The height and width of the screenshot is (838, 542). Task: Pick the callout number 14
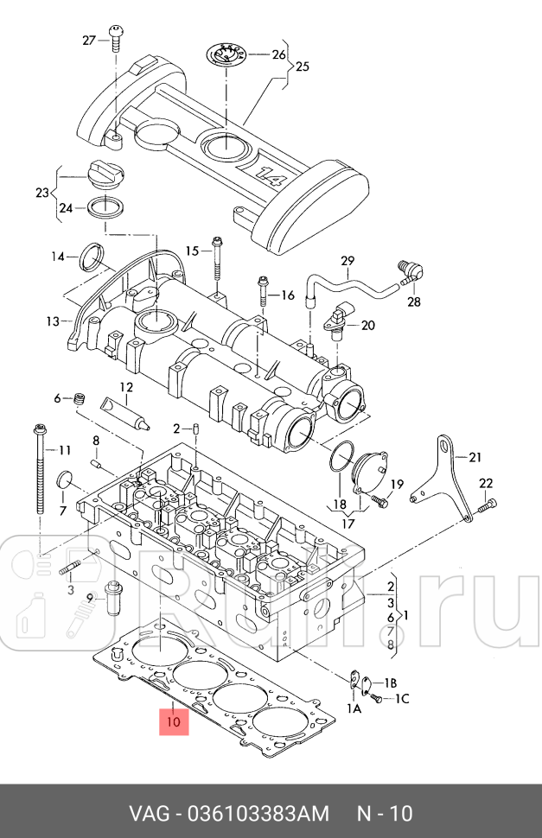point(58,256)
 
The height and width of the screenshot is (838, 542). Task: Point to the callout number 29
point(348,260)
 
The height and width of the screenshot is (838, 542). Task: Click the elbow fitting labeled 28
point(409,271)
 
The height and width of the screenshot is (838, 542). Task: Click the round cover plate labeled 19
point(370,471)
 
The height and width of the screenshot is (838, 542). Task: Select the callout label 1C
point(403,697)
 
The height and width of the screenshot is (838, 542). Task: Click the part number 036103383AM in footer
point(252,814)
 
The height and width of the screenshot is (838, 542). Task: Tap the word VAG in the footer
point(148,814)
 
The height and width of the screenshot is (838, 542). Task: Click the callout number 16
point(287,295)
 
